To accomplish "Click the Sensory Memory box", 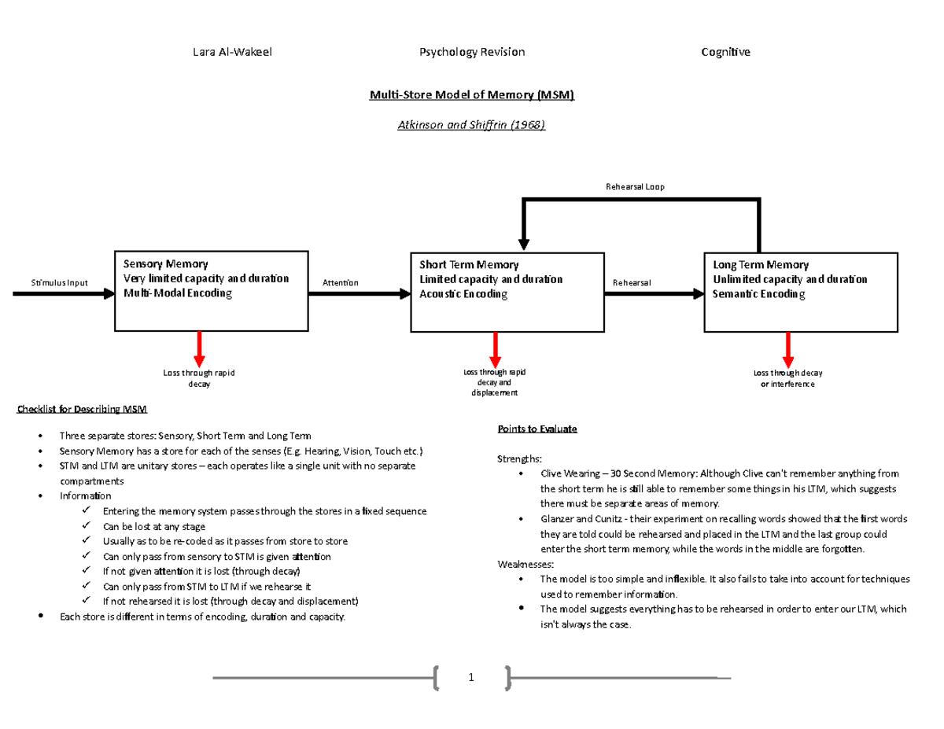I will pos(211,292).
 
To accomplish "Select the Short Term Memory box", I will pos(507,292).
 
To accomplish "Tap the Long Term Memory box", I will pos(800,292).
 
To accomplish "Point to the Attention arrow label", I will pos(340,282).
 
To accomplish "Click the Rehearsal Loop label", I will pos(635,186).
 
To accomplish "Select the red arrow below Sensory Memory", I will pos(200,347).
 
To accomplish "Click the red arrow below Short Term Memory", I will pos(496,347).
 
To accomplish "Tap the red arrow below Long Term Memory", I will pos(787,347).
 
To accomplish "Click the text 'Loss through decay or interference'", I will pos(787,378).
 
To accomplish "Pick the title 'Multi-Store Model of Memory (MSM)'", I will pos(473,95).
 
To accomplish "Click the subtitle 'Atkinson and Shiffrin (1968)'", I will pos(473,125).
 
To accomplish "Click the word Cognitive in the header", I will pos(725,52).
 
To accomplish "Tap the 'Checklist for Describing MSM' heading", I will pos(81,409).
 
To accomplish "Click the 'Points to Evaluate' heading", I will pos(537,429).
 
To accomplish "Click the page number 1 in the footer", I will pos(471,678).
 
